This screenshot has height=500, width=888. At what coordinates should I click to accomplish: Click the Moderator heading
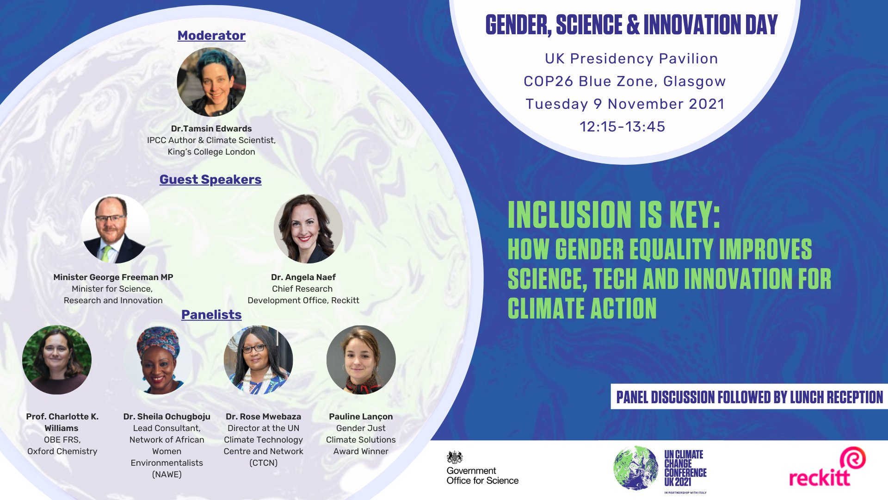click(x=211, y=36)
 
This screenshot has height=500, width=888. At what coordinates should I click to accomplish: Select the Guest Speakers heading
click(x=210, y=180)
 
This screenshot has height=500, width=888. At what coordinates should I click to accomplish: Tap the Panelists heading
click(x=211, y=315)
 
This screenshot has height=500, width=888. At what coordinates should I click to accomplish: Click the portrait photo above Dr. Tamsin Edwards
click(x=211, y=82)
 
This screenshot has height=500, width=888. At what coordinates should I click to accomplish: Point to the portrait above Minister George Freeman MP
click(x=116, y=229)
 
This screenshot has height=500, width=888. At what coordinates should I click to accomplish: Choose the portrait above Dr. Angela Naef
click(x=308, y=229)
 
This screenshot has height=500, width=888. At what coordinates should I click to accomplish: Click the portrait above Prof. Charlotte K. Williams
click(x=57, y=360)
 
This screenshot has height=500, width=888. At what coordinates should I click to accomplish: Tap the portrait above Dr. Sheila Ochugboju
click(x=159, y=360)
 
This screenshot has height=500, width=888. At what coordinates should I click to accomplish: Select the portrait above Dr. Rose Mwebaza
click(x=258, y=360)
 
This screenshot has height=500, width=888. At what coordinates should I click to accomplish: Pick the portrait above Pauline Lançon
click(x=361, y=360)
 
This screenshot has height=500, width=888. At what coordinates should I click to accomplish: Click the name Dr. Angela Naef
click(x=303, y=277)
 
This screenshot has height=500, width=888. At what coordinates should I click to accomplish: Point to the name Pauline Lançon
click(x=361, y=417)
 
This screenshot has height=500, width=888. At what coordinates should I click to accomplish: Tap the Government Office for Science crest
click(x=455, y=457)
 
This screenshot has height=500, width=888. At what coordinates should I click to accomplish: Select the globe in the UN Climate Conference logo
click(x=636, y=468)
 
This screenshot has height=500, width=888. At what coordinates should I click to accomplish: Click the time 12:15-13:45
click(x=623, y=127)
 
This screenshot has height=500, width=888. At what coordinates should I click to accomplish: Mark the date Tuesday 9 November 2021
click(x=625, y=104)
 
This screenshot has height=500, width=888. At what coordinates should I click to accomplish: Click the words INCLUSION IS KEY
click(x=614, y=215)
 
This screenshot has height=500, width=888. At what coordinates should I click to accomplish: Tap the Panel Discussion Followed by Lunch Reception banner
click(x=749, y=397)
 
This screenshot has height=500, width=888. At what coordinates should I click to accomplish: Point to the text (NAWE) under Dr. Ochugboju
click(x=167, y=475)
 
